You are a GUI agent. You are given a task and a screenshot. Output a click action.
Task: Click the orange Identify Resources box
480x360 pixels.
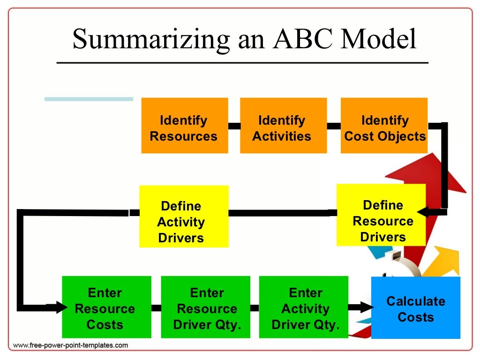click(x=184, y=126)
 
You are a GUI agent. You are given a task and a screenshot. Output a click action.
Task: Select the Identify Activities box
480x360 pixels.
click(x=283, y=126)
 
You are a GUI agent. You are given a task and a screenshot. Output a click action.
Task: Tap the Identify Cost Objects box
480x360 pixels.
click(x=384, y=126)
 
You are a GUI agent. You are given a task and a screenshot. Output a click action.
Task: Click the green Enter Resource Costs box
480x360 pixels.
click(x=106, y=307)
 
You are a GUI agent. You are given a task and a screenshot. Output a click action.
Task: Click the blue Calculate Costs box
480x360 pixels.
click(x=415, y=307)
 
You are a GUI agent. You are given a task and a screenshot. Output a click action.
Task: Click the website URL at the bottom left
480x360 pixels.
click(x=70, y=345)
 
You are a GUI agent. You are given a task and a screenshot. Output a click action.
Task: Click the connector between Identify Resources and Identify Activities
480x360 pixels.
click(x=234, y=126)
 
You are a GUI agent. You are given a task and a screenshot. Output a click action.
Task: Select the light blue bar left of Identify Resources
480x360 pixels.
click(x=89, y=99)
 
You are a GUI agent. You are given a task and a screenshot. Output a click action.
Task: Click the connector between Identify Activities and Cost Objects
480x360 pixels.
click(x=333, y=126)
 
